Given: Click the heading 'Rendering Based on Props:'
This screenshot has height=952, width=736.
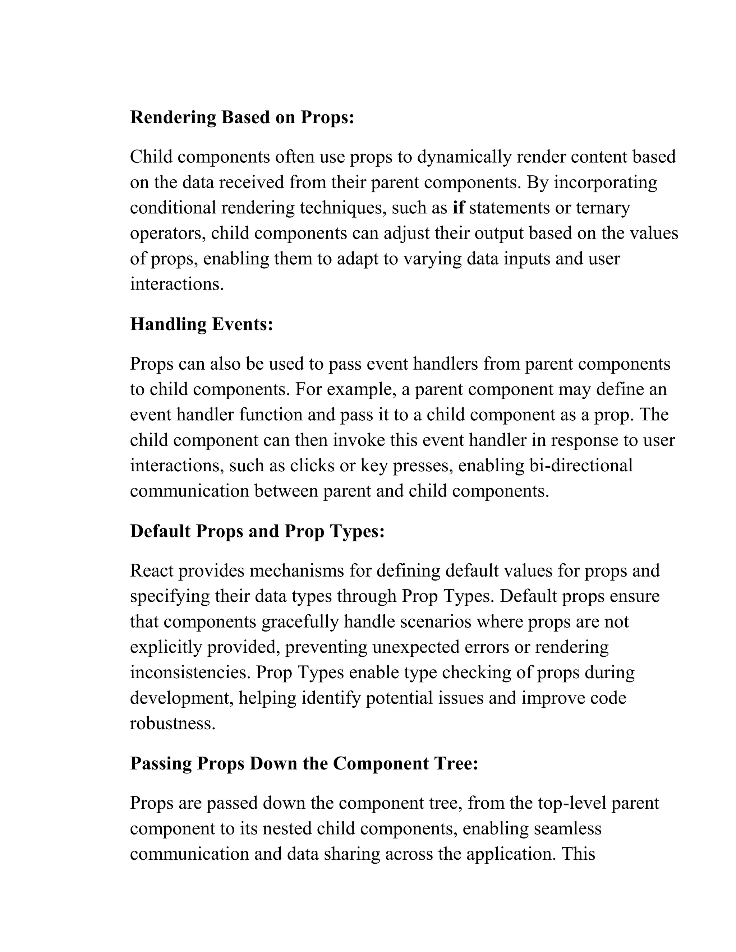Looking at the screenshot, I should [x=242, y=117].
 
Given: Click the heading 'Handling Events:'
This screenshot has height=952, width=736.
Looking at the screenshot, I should [x=202, y=324].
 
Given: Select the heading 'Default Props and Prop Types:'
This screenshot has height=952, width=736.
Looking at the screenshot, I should [x=257, y=531].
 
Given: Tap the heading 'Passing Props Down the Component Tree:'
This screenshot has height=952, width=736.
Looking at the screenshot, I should [x=304, y=763].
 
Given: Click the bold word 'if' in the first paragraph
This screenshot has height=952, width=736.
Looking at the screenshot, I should [x=458, y=208].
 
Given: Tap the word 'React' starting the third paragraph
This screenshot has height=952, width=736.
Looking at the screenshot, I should [x=152, y=570].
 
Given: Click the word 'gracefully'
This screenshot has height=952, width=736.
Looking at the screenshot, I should [x=300, y=621].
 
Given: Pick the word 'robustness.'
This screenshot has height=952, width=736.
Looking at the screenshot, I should [x=172, y=724].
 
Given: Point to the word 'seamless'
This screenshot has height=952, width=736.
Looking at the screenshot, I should [x=567, y=828].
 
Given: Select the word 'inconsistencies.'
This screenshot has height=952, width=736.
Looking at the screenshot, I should [x=190, y=673].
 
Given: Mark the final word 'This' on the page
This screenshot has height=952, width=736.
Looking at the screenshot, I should [x=578, y=854].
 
